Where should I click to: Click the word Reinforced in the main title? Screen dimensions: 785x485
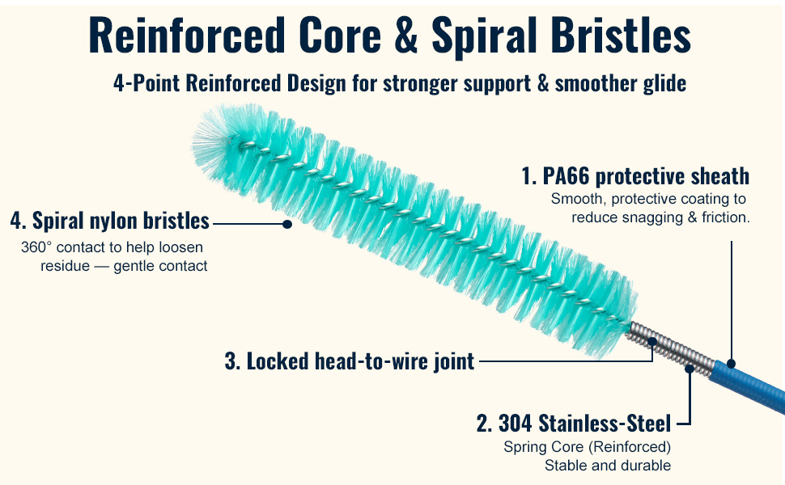pyautogui.click(x=186, y=35)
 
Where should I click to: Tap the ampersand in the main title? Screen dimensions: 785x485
pyautogui.click(x=406, y=35)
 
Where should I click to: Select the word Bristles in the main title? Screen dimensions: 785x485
pyautogui.click(x=621, y=35)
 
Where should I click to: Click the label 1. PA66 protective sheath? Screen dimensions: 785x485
pyautogui.click(x=635, y=176)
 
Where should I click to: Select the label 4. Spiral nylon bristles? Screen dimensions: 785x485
pyautogui.click(x=109, y=221)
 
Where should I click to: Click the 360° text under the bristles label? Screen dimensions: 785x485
pyautogui.click(x=36, y=247)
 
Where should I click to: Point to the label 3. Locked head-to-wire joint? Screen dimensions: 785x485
pyautogui.click(x=350, y=361)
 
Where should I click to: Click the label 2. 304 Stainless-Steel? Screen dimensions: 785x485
pyautogui.click(x=574, y=424)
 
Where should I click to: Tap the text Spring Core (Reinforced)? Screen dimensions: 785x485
pyautogui.click(x=588, y=446)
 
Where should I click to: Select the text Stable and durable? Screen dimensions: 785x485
pyautogui.click(x=608, y=466)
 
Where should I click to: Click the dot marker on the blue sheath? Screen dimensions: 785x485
pyautogui.click(x=732, y=364)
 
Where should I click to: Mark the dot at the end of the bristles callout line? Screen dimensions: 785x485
pyautogui.click(x=286, y=224)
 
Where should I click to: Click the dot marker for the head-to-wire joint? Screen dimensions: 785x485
pyautogui.click(x=651, y=342)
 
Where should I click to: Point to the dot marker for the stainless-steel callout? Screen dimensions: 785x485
pyautogui.click(x=690, y=369)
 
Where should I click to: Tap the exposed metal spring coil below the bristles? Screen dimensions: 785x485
pyautogui.click(x=671, y=348)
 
